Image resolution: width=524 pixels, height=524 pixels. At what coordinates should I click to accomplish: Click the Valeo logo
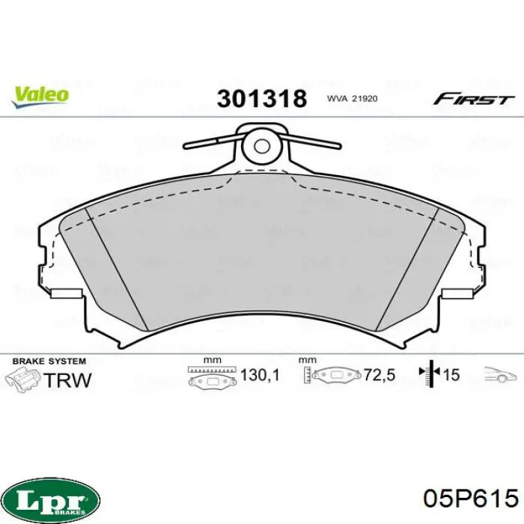[x=40, y=97]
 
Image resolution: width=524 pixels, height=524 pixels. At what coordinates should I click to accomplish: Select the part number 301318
[x=262, y=99]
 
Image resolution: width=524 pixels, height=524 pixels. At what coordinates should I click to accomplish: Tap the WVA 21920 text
[x=352, y=99]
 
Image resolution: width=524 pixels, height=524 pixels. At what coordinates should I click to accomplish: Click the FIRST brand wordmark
[x=473, y=100]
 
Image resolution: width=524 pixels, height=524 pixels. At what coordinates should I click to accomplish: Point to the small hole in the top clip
[x=262, y=146]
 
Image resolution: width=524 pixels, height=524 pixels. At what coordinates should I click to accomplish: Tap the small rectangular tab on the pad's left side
[x=67, y=293]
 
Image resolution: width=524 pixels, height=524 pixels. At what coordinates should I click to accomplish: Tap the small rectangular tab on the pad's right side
[x=457, y=293]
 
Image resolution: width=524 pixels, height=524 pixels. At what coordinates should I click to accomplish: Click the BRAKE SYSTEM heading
[x=49, y=362]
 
